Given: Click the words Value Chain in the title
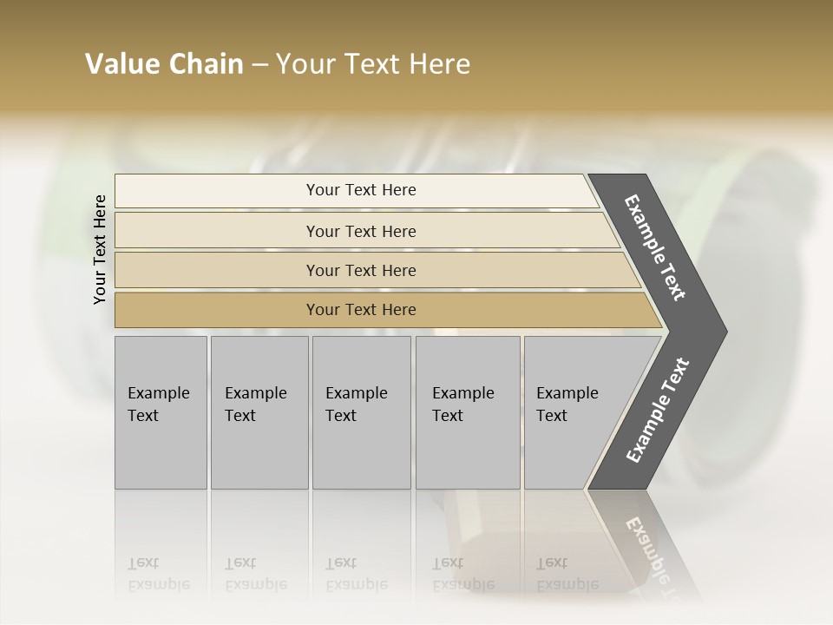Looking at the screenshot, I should coord(164,64).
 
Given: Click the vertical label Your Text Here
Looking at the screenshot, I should coord(100,249).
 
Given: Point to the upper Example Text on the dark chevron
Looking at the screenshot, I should coord(656,247).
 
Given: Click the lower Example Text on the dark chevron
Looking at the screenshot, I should coord(658,411).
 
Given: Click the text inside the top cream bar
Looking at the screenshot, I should coord(361,190).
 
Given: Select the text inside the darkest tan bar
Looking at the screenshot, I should coord(361,310).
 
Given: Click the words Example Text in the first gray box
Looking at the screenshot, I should coord(158,404).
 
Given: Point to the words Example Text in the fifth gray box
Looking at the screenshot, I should coord(567,404).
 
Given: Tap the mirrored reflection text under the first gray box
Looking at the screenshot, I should coord(158,574).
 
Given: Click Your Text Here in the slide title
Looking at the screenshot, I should coord(373,64).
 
